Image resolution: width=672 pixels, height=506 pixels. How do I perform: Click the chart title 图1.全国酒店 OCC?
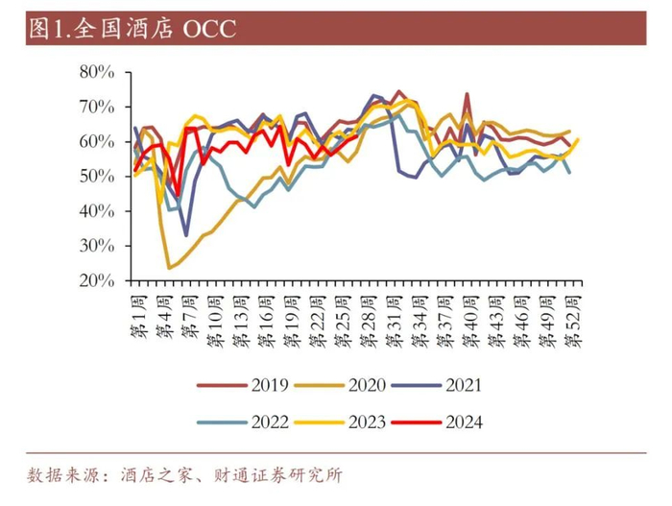pyautogui.click(x=132, y=30)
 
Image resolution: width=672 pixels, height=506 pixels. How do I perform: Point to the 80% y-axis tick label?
pyautogui.click(x=97, y=72)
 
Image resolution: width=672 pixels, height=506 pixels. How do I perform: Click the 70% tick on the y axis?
pyautogui.click(x=97, y=107)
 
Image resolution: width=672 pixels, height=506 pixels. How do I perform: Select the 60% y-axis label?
pyautogui.click(x=97, y=141)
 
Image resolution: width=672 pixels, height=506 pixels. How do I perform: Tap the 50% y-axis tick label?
pyautogui.click(x=97, y=177)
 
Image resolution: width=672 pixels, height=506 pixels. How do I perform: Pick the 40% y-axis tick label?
pyautogui.click(x=97, y=211)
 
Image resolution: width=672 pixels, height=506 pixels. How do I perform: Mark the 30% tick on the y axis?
pyautogui.click(x=97, y=246)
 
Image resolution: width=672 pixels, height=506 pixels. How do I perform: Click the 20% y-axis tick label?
pyautogui.click(x=97, y=280)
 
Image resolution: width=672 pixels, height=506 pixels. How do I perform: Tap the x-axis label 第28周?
pyautogui.click(x=369, y=321)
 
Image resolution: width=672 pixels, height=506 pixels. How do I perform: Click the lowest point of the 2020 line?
pyautogui.click(x=170, y=268)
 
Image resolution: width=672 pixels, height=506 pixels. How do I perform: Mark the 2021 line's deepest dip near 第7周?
pyautogui.click(x=186, y=234)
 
